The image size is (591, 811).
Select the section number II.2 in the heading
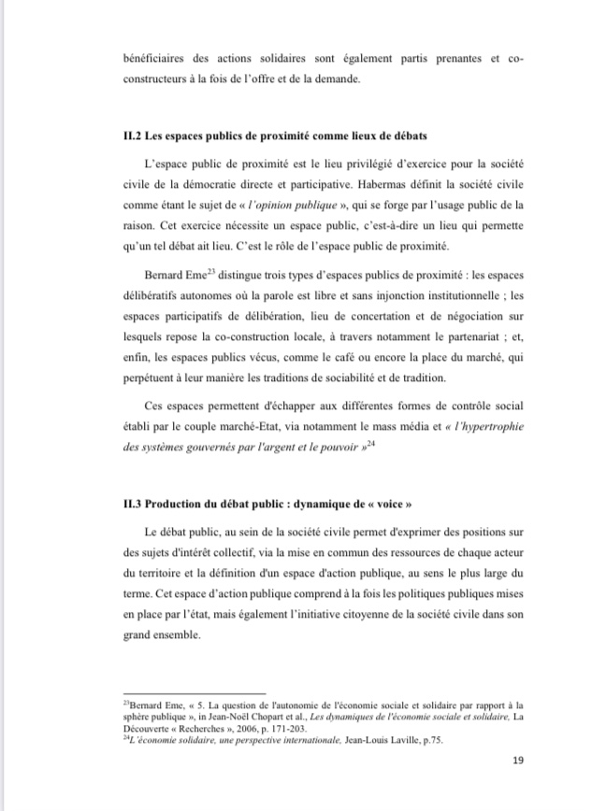pos(133,137)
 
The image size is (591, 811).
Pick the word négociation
pos(475,315)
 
